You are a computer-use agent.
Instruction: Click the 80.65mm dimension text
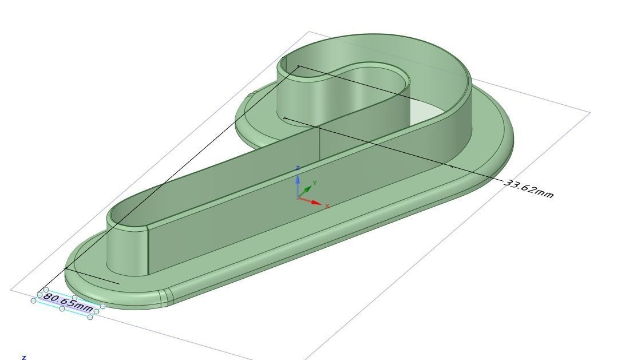pos(68,303)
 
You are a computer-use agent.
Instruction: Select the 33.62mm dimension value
pos(529,189)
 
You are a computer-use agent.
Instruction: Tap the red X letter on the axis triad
pos(327,206)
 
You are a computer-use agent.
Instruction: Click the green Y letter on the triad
pos(315,183)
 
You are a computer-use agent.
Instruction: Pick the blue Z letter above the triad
pos(298,168)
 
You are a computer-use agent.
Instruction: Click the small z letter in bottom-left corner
pos(23,357)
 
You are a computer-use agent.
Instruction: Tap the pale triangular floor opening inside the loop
pos(426,112)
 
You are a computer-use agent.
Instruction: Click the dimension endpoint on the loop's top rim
pos(298,67)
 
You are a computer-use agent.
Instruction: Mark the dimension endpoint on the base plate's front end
pos(66,268)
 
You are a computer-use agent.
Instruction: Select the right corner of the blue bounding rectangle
pos(590,113)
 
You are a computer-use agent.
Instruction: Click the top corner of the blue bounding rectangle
pos(310,32)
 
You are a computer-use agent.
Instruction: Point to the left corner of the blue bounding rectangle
pos(11,289)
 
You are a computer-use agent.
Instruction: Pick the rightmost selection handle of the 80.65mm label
pos(102,307)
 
